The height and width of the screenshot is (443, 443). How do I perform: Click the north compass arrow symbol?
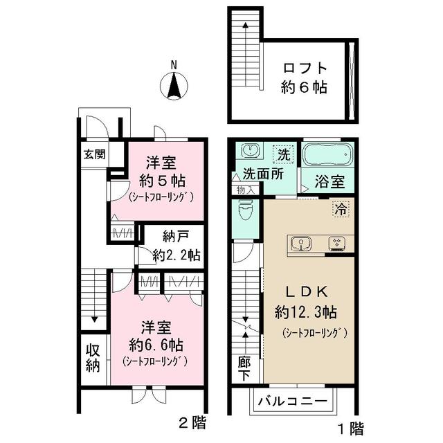174,87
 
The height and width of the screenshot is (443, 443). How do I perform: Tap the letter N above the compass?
174,66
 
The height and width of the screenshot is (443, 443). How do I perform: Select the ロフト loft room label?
304,70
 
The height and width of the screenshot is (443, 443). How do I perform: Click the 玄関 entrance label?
95,154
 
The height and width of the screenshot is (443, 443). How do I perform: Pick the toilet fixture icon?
245,208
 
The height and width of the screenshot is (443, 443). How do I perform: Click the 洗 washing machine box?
284,152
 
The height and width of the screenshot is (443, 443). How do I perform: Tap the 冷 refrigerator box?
341,206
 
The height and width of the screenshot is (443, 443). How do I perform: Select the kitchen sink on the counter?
302,243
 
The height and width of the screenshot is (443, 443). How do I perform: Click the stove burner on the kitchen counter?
337,243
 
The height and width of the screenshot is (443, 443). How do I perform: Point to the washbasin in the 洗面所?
250,150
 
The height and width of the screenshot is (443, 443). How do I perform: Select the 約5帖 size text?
160,181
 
